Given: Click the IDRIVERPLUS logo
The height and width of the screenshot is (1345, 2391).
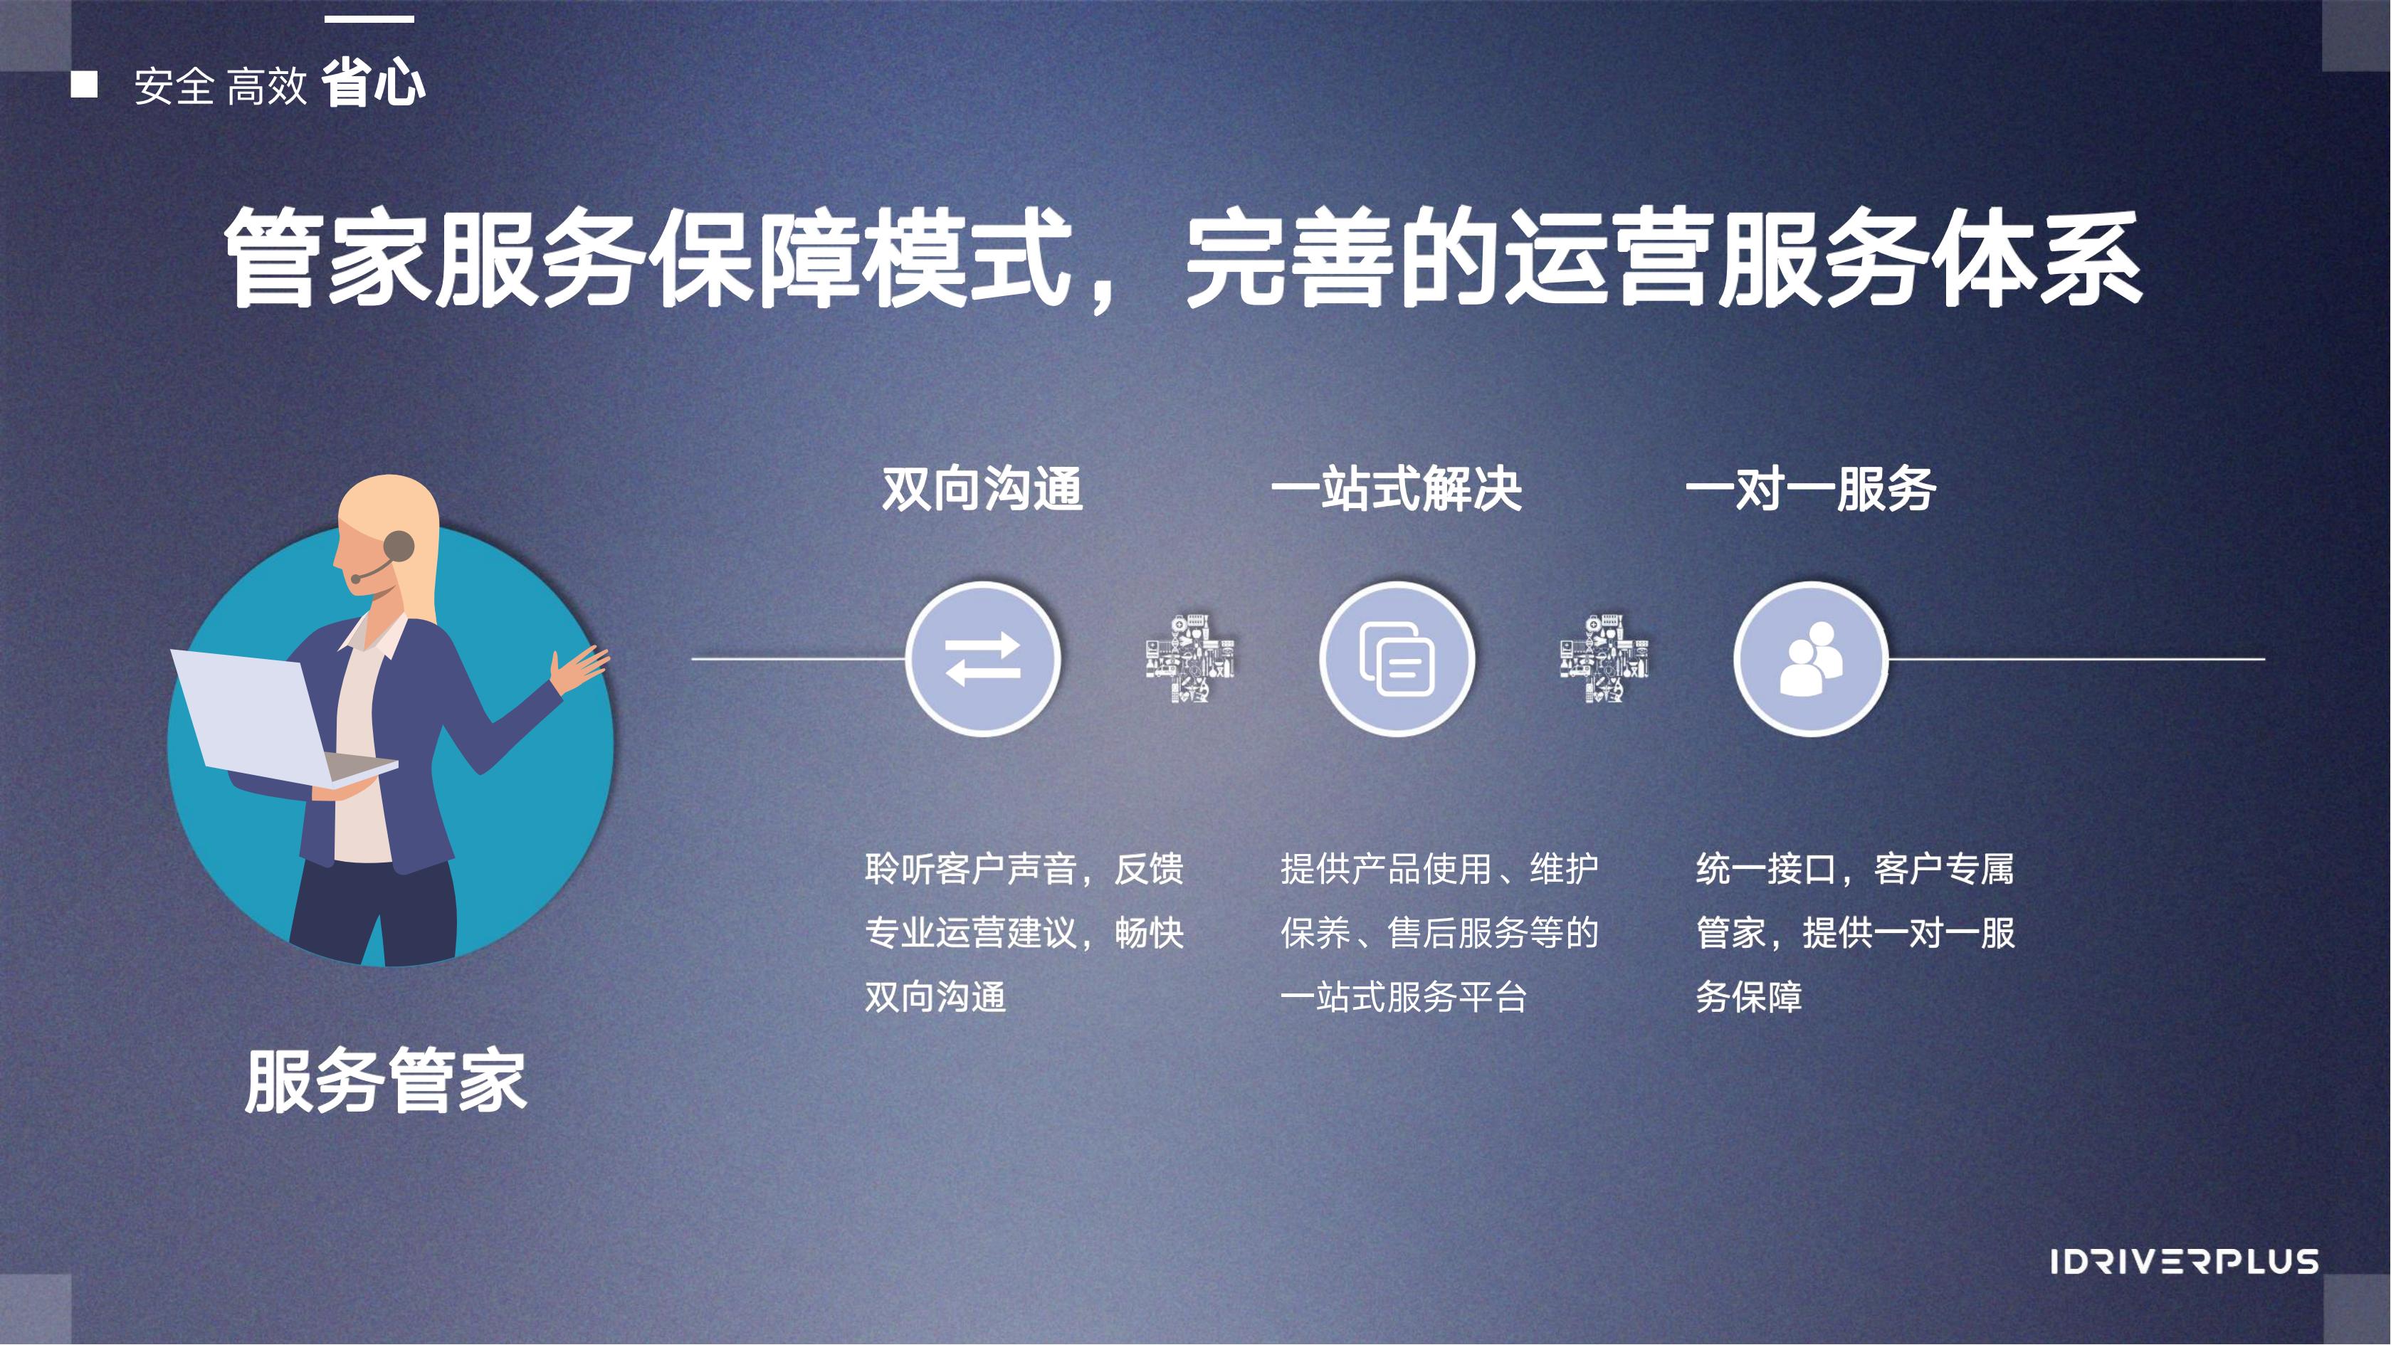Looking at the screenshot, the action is coord(2184,1262).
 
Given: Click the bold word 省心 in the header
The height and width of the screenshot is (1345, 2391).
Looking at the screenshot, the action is coord(373,83).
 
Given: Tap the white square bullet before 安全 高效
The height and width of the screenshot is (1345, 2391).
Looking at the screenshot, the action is coord(85,85).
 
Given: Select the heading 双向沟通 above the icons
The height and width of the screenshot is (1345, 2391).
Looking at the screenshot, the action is coord(982,488).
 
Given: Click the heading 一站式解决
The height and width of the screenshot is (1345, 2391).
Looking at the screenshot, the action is coord(1396,488).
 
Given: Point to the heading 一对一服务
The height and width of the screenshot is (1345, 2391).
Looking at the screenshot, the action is coord(1810,488).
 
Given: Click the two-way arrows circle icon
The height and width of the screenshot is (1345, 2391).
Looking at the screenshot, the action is coord(983,659).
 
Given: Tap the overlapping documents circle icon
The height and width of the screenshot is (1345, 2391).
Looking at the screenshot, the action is coord(1397,659).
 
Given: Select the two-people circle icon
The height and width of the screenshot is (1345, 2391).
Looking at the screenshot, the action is coord(1811,659).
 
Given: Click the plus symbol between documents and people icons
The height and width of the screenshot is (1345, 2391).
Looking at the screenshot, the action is coord(1604,658).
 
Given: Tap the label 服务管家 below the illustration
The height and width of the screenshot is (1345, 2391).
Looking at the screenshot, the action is coord(386,1082).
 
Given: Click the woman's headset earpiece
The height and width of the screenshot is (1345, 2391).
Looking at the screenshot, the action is coord(399,546).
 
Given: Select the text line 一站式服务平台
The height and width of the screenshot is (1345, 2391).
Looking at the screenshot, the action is coord(1404,997).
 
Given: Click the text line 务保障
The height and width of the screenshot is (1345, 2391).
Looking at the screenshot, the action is coord(1749,997).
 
